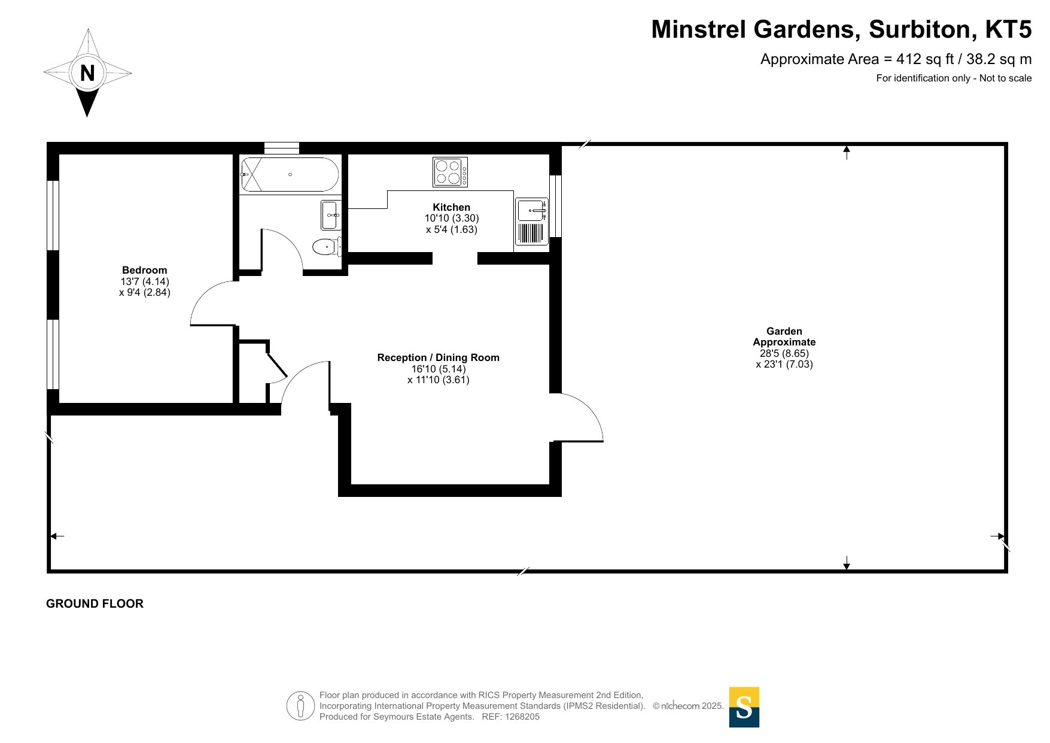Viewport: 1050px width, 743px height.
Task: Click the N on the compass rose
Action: pyautogui.click(x=87, y=73)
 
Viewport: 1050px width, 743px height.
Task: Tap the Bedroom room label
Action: pyautogui.click(x=145, y=270)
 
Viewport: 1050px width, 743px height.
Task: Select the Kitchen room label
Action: pyautogui.click(x=452, y=207)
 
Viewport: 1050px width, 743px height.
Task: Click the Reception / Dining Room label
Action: pyautogui.click(x=438, y=357)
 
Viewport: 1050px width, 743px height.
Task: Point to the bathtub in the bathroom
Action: pyautogui.click(x=290, y=174)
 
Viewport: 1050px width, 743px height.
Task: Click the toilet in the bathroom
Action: pyautogui.click(x=327, y=246)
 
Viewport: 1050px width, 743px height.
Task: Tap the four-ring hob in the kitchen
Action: pyautogui.click(x=451, y=172)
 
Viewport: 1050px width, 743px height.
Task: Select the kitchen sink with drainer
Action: pyautogui.click(x=532, y=222)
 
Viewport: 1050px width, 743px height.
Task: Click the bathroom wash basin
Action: pyautogui.click(x=331, y=215)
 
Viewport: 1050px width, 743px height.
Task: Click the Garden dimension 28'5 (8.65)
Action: pyautogui.click(x=784, y=353)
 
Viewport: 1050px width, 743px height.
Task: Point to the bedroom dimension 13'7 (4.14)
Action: pyautogui.click(x=145, y=281)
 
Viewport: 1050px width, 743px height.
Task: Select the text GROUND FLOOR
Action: pyautogui.click(x=95, y=604)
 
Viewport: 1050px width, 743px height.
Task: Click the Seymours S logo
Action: pyautogui.click(x=744, y=707)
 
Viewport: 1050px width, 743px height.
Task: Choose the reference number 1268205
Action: pyautogui.click(x=522, y=717)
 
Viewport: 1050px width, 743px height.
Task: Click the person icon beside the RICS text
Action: pyautogui.click(x=300, y=706)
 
